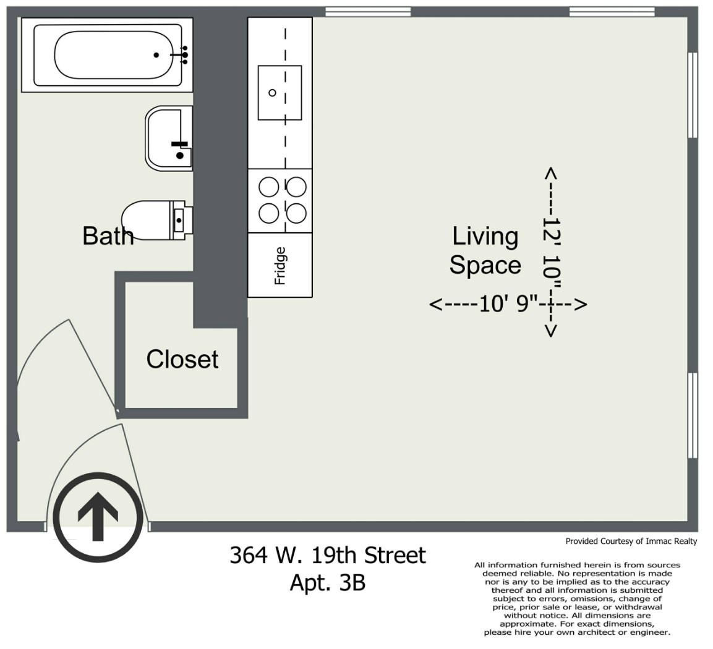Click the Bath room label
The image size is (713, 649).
(x=108, y=236)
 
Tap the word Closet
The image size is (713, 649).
(x=182, y=360)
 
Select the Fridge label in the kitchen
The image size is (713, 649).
(x=280, y=266)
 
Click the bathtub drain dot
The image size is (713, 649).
(x=156, y=55)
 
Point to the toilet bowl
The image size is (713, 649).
(x=145, y=220)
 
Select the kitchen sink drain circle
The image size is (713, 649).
(x=272, y=93)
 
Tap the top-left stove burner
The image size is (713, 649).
(x=269, y=187)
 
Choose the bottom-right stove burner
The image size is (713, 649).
(x=296, y=213)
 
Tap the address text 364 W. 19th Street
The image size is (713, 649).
(x=327, y=555)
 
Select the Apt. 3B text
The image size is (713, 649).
(x=328, y=583)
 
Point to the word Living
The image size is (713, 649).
(x=485, y=237)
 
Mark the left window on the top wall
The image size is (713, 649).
(x=369, y=12)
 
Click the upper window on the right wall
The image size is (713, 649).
(x=693, y=95)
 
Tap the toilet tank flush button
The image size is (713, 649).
(x=179, y=221)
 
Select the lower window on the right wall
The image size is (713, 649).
(x=693, y=415)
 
